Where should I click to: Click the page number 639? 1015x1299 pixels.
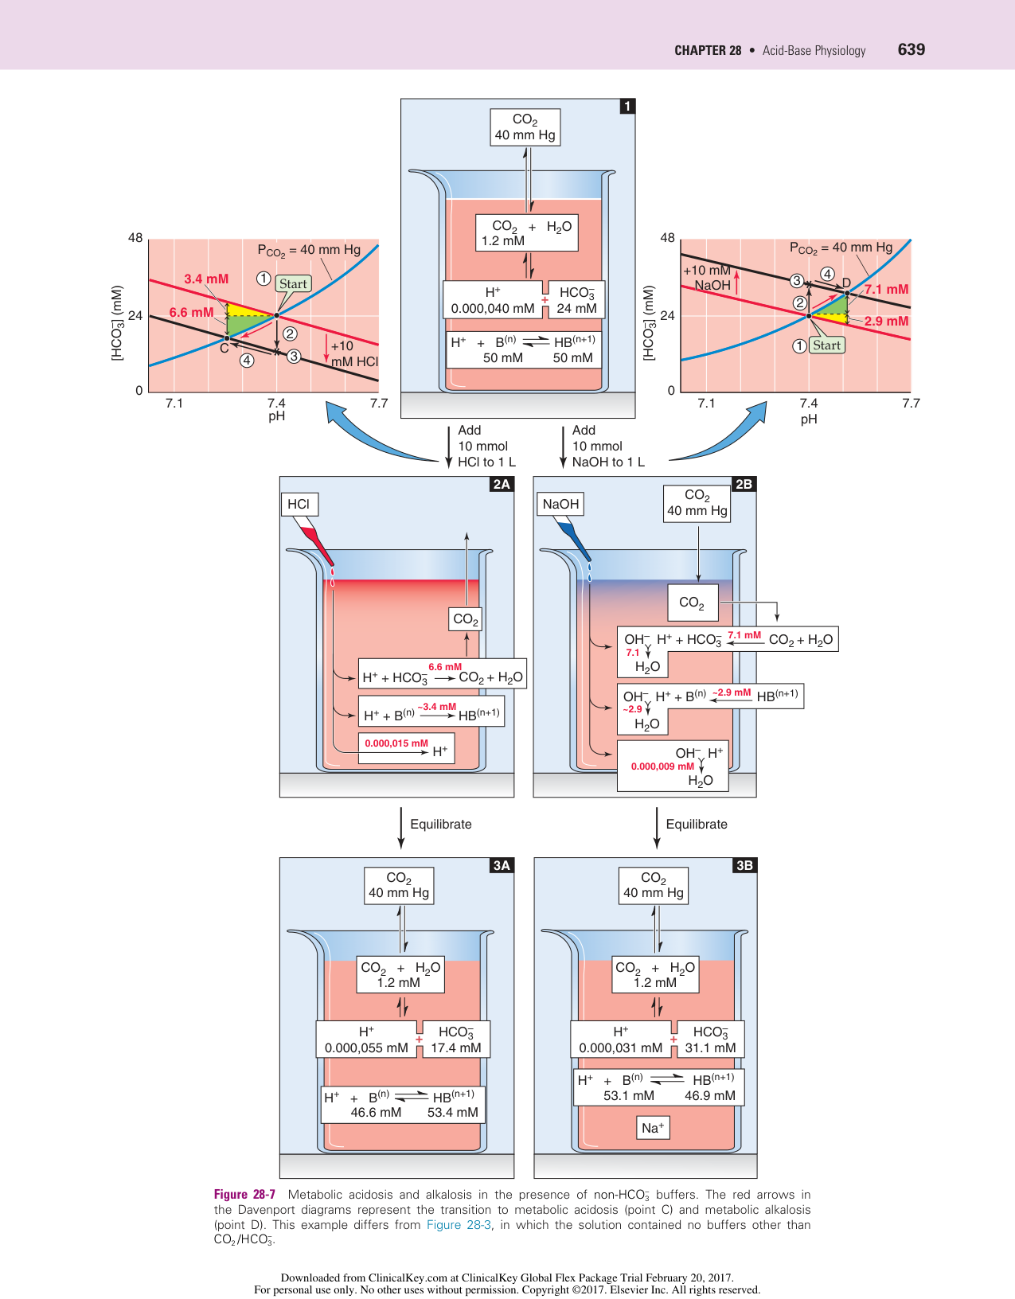(x=911, y=49)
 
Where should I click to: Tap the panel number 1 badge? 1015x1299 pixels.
(x=627, y=106)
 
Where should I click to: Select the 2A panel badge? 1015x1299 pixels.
(x=501, y=484)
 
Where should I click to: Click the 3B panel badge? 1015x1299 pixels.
(x=744, y=865)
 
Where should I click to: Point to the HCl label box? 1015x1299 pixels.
(x=299, y=504)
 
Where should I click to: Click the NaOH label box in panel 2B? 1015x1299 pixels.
(x=560, y=504)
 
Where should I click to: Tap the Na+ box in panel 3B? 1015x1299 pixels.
(x=653, y=1128)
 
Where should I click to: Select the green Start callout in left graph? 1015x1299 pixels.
(x=293, y=284)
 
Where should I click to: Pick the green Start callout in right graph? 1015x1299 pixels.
(x=826, y=345)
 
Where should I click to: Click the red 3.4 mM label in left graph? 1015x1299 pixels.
(x=206, y=279)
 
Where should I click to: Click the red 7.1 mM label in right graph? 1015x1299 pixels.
(x=886, y=290)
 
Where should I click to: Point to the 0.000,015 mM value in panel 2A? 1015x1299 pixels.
(x=396, y=743)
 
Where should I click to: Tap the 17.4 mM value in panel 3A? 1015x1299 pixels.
(x=455, y=1047)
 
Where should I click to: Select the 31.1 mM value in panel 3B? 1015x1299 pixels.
(x=710, y=1047)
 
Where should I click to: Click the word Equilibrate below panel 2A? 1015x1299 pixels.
(x=440, y=825)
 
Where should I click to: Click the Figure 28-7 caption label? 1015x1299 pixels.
(x=244, y=1194)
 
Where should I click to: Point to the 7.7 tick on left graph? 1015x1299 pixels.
(x=379, y=403)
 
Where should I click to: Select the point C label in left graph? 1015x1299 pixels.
(x=224, y=349)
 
